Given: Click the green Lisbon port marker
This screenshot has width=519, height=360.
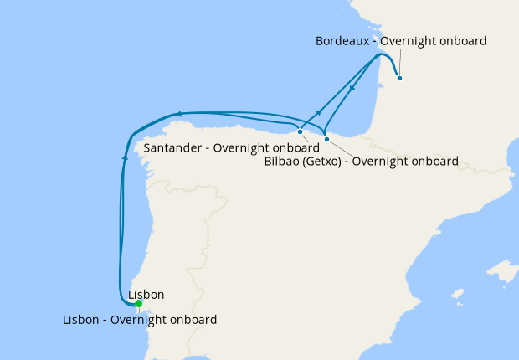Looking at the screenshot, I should pyautogui.click(x=138, y=304).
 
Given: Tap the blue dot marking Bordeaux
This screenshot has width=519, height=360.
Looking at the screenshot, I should pyautogui.click(x=400, y=79).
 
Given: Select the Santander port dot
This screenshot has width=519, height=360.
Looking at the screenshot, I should pyautogui.click(x=300, y=131).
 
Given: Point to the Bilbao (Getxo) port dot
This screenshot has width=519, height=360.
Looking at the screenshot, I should pyautogui.click(x=327, y=139).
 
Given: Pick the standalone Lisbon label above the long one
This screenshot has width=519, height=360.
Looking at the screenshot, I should pyautogui.click(x=146, y=295).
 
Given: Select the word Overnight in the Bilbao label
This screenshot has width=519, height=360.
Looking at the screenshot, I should pyautogui.click(x=382, y=161).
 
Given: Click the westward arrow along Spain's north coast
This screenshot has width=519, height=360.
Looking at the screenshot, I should pyautogui.click(x=177, y=113).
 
